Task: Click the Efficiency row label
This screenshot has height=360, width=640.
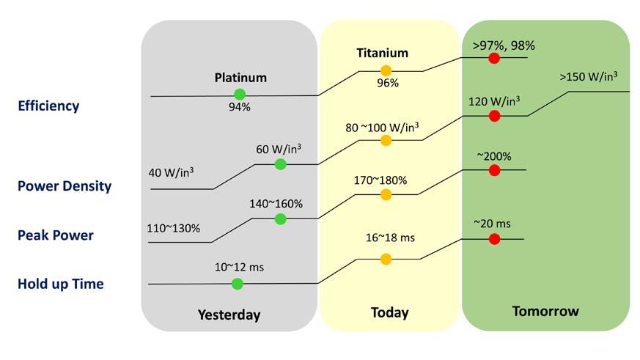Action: (x=48, y=106)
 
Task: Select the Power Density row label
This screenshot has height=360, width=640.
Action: (x=65, y=186)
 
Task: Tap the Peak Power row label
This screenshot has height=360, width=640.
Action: (x=56, y=235)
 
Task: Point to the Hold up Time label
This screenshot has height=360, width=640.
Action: (x=61, y=284)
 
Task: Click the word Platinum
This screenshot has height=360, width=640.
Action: (x=240, y=77)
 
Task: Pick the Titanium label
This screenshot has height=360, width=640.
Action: (x=382, y=53)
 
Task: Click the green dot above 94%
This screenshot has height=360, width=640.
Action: (x=239, y=94)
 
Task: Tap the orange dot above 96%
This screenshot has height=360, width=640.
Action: (x=386, y=71)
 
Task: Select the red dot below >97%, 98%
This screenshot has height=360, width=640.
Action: (x=494, y=58)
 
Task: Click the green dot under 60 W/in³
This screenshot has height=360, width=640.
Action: (x=280, y=164)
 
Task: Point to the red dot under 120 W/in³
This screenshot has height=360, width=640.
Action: (x=494, y=115)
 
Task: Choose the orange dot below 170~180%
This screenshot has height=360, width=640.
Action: (x=386, y=194)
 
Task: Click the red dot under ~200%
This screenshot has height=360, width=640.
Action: (x=494, y=170)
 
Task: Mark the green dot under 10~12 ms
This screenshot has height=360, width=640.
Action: (x=237, y=283)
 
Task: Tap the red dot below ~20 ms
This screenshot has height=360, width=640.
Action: (x=494, y=239)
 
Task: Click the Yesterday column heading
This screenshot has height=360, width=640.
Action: (x=229, y=315)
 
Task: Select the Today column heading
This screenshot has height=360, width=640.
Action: (x=389, y=312)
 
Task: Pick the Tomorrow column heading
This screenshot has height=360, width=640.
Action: (x=545, y=311)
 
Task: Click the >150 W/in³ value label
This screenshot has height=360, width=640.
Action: (x=588, y=77)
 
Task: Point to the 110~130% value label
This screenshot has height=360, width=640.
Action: (x=174, y=228)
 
